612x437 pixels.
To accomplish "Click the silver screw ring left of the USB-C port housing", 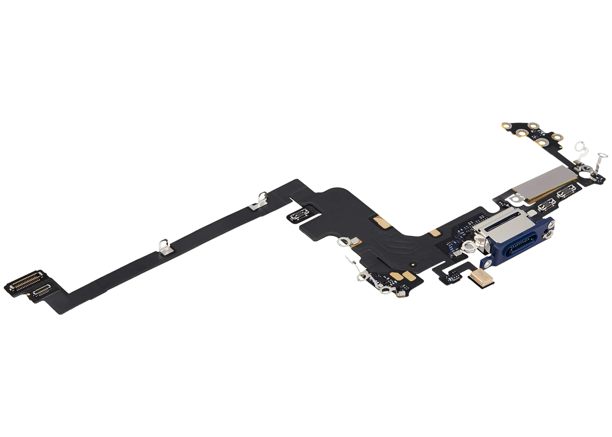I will (470, 244).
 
